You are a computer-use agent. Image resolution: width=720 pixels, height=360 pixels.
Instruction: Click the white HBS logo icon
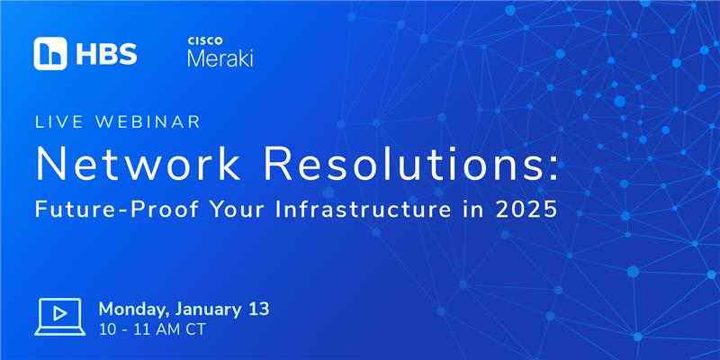(50, 54)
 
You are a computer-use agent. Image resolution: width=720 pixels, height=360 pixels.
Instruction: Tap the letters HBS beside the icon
(106, 54)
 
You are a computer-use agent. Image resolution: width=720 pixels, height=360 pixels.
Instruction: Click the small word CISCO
(205, 40)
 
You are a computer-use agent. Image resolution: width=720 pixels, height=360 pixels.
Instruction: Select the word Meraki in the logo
(220, 58)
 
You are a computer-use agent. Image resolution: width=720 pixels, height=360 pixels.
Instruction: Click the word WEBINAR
(148, 122)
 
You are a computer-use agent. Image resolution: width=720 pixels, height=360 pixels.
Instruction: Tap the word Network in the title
(138, 165)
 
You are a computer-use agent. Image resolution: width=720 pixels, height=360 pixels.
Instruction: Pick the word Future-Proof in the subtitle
(117, 210)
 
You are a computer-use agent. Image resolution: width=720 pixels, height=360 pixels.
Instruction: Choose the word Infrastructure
(363, 210)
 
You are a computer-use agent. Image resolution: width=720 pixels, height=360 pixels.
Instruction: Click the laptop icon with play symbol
(59, 317)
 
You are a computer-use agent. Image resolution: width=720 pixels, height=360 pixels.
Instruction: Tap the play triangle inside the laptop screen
(59, 313)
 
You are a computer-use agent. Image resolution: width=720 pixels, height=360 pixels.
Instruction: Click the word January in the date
(206, 310)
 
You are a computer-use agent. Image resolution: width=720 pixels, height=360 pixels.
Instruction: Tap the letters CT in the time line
(196, 329)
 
